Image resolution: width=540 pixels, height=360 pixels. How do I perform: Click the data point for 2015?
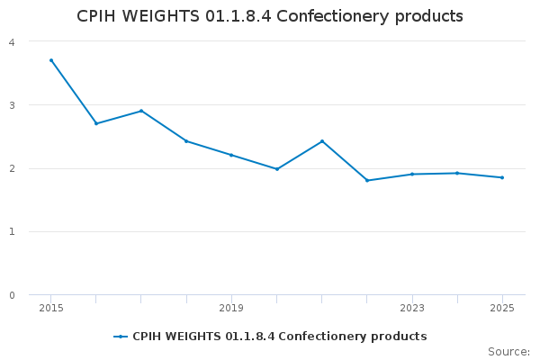[51, 60]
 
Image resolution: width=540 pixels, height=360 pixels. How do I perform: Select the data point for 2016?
[96, 123]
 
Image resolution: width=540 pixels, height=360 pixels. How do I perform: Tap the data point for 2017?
[141, 111]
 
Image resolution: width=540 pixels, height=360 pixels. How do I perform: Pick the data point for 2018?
[186, 141]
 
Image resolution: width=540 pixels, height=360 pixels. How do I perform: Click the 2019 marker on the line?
[231, 155]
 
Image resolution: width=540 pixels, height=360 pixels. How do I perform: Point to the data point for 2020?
[276, 169]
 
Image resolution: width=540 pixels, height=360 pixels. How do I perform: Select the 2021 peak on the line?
[322, 141]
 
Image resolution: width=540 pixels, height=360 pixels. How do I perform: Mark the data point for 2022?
[367, 181]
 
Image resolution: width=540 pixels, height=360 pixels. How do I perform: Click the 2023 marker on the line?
[412, 174]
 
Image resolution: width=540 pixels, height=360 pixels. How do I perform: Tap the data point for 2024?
[457, 173]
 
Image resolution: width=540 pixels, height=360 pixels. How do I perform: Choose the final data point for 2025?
[502, 177]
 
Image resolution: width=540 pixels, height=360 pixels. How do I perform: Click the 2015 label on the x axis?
[51, 309]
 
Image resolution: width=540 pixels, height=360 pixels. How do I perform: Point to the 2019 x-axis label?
[231, 309]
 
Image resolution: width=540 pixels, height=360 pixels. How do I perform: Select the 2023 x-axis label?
[412, 309]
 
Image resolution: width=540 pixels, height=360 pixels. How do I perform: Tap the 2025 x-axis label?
[502, 309]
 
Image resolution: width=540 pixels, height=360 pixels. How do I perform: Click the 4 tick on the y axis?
[11, 42]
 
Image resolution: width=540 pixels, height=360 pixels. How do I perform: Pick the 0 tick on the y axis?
[11, 295]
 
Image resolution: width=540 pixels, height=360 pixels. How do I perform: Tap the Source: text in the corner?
[508, 352]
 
